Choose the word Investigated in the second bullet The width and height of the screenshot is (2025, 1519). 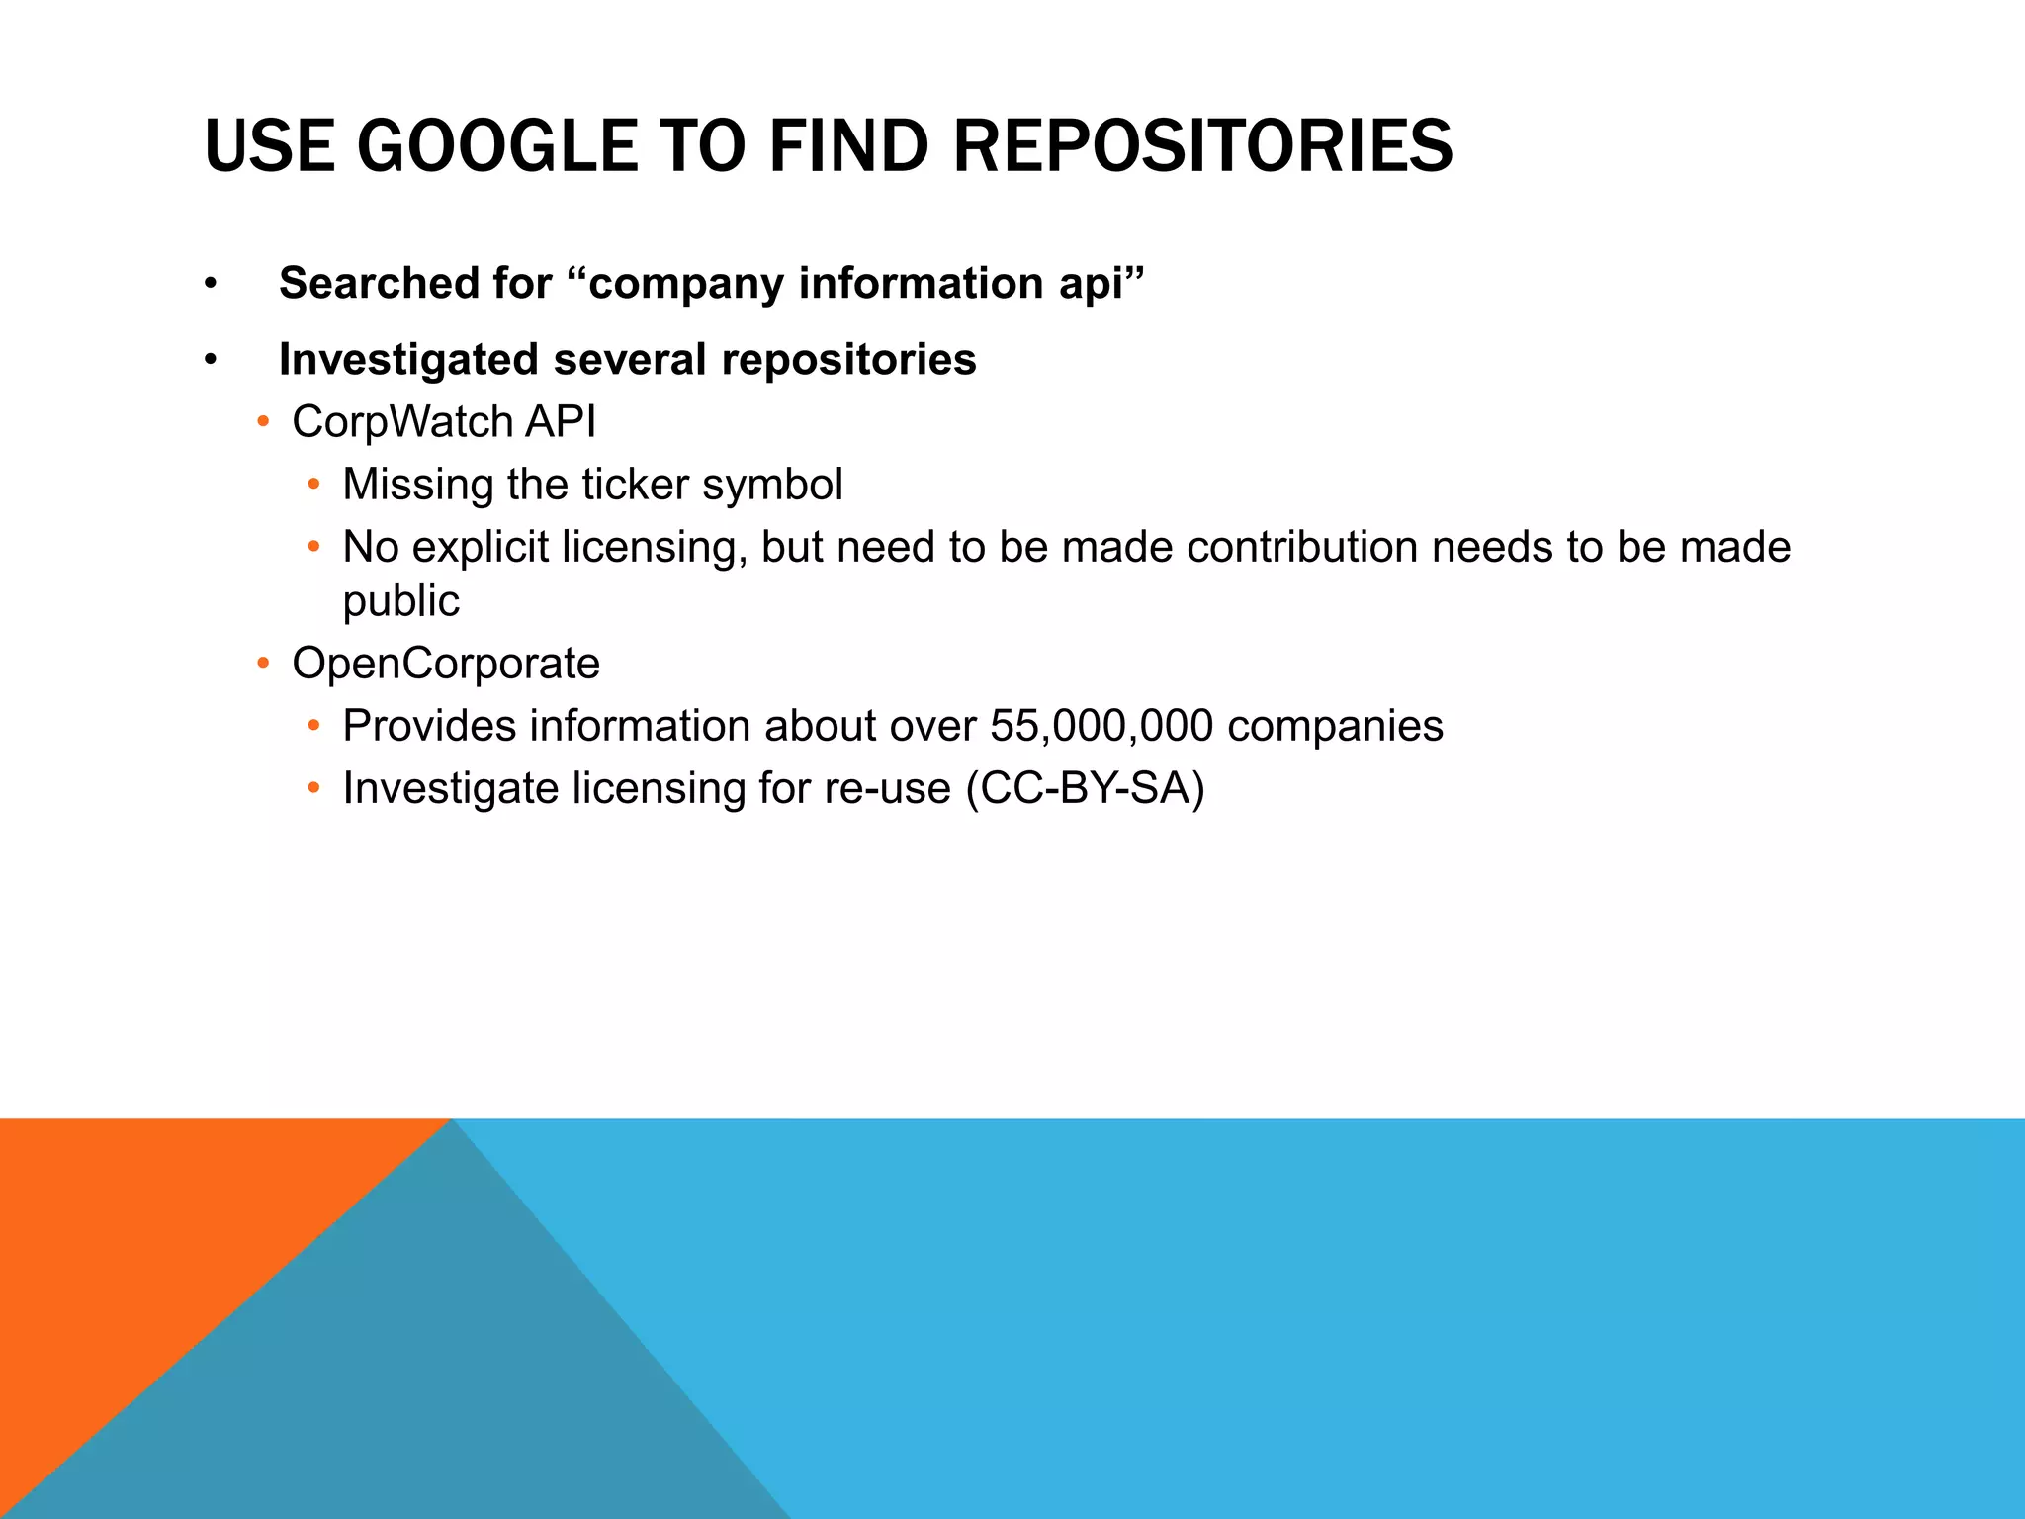[x=408, y=359]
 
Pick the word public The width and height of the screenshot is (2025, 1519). [x=400, y=601]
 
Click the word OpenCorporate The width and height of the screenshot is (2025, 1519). [x=446, y=664]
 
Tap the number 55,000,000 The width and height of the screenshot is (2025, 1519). [x=1101, y=726]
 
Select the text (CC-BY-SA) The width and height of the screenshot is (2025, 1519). [x=1085, y=789]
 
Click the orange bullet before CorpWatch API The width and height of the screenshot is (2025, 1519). [x=263, y=422]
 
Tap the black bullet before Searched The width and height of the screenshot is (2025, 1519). [x=210, y=285]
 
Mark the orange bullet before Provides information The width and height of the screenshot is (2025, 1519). [x=313, y=726]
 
